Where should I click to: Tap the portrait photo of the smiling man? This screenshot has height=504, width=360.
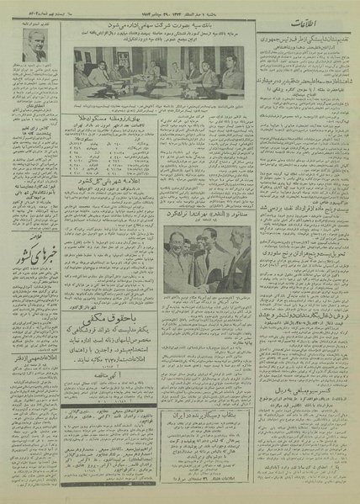click(34, 51)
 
